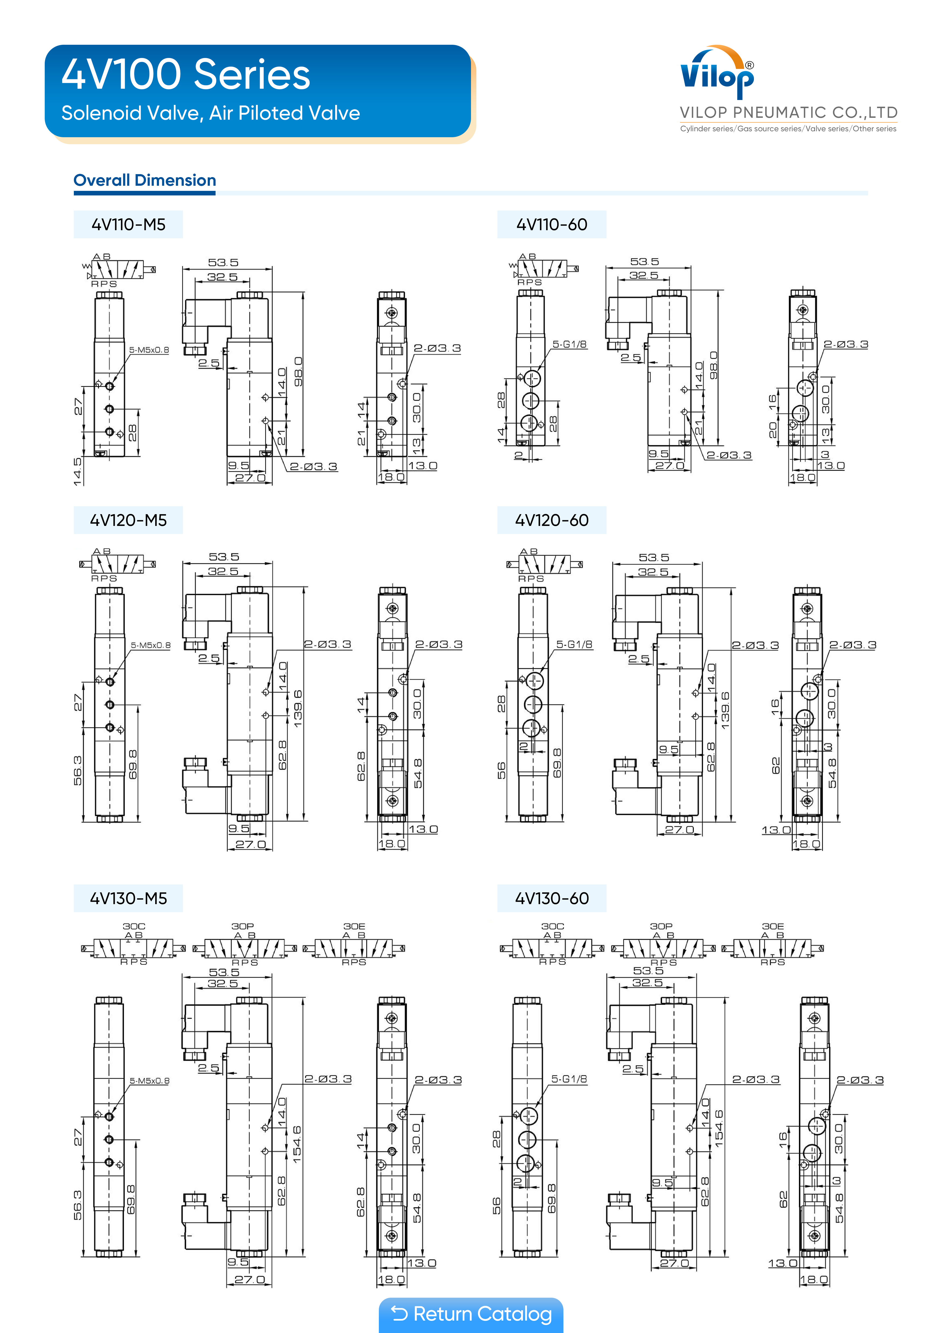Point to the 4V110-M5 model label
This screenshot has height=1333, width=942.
(x=128, y=225)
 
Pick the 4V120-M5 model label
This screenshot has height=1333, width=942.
(x=128, y=520)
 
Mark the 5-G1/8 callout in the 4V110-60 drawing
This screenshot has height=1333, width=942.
(x=569, y=344)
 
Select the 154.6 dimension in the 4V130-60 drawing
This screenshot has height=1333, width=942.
(x=719, y=1129)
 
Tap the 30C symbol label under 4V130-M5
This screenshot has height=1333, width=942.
(x=133, y=926)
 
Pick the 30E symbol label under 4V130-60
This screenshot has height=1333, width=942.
(x=773, y=926)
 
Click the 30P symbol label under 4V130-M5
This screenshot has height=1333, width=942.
(x=243, y=926)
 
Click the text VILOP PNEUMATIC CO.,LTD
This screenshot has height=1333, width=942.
(x=788, y=113)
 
